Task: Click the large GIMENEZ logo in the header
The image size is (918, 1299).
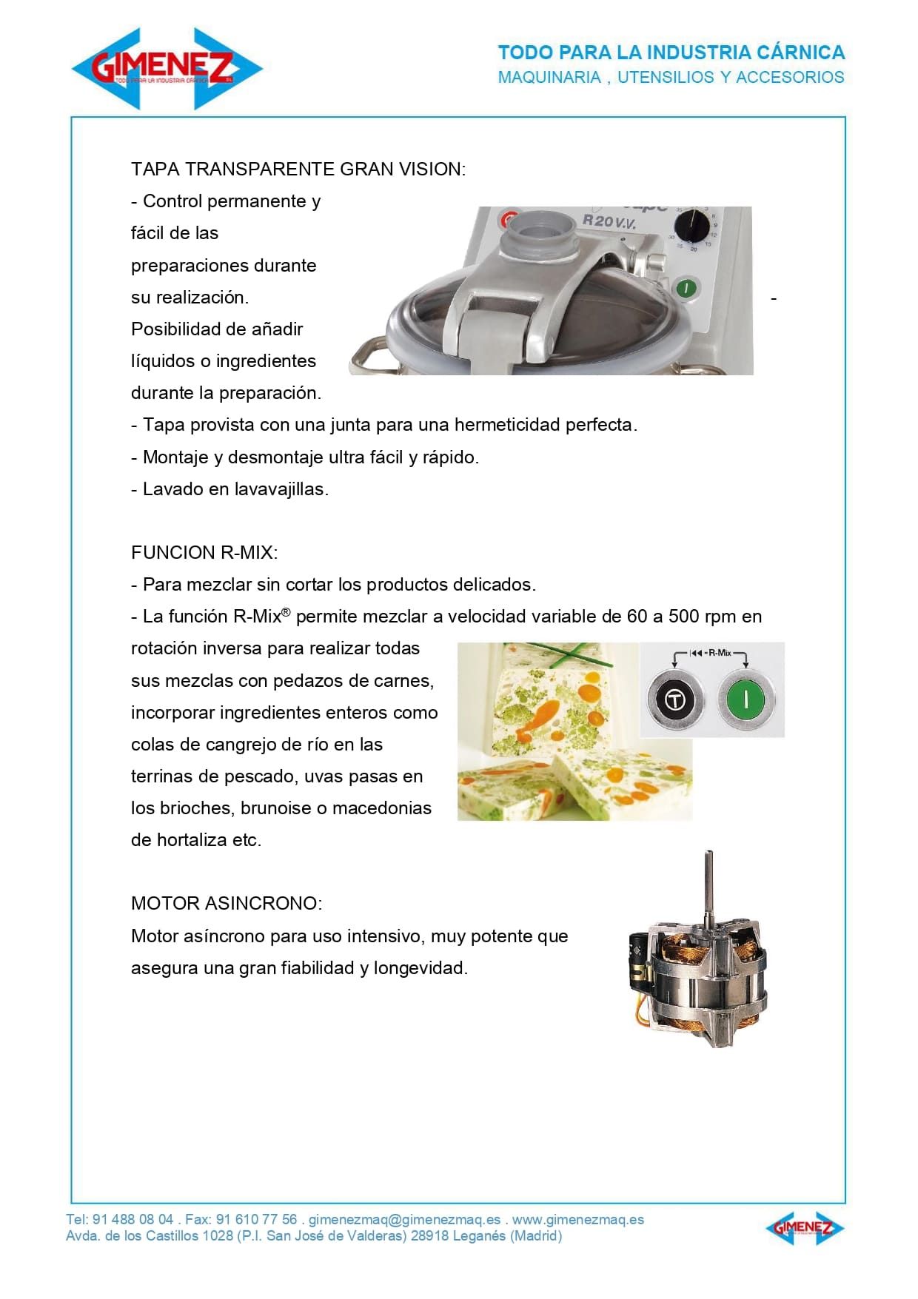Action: (x=167, y=68)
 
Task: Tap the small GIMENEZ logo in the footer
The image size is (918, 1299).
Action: (x=804, y=1228)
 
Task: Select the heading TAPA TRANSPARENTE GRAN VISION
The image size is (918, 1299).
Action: (x=298, y=169)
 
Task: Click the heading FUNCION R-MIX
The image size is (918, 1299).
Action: (x=204, y=552)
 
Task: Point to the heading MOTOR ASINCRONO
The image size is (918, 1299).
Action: (x=226, y=903)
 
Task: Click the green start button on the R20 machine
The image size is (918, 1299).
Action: (x=686, y=288)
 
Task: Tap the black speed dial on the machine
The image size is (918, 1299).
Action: (x=693, y=224)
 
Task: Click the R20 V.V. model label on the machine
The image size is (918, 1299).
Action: (x=609, y=221)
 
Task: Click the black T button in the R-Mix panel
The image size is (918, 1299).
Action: (x=674, y=699)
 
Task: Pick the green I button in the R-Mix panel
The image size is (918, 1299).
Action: (x=746, y=699)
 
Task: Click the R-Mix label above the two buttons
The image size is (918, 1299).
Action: (x=719, y=653)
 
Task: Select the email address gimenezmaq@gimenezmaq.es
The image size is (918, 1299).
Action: (x=404, y=1219)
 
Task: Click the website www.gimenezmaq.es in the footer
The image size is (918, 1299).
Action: (x=577, y=1219)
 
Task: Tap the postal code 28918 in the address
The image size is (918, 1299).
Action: (x=430, y=1235)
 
